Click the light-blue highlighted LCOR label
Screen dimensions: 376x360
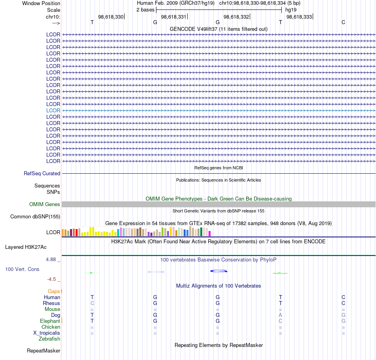[x=53, y=110]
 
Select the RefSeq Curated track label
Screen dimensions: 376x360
[x=42, y=174]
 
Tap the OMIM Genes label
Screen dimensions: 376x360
[x=45, y=204]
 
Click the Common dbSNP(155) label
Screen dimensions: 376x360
[x=35, y=217]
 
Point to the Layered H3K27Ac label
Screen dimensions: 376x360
[x=26, y=247]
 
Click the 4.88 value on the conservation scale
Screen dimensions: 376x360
[x=51, y=260]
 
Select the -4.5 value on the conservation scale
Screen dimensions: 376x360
[x=51, y=279]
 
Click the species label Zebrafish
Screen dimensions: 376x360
[x=49, y=339]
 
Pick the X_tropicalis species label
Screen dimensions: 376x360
[x=47, y=333]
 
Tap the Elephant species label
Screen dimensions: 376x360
[x=50, y=321]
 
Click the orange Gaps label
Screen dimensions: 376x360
[x=54, y=291]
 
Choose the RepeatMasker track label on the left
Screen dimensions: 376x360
[x=44, y=351]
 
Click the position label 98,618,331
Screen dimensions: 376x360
[x=174, y=17]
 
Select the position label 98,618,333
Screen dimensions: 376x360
[x=299, y=17]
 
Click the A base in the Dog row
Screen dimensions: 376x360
[x=280, y=315]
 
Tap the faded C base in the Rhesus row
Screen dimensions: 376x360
[x=92, y=303]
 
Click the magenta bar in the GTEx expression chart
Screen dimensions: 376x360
[x=210, y=233]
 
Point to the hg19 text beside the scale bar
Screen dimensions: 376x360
[x=291, y=10]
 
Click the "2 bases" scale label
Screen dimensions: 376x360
[x=145, y=10]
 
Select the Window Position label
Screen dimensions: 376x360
[x=41, y=3]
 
